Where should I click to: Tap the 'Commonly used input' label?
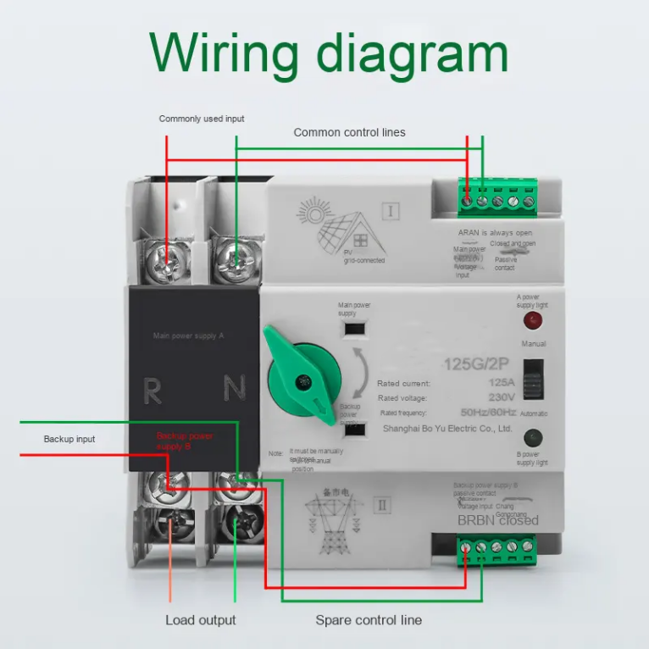(x=202, y=119)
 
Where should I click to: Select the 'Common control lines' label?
(x=349, y=132)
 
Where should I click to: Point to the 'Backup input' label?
(x=69, y=439)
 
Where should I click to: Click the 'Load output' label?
(x=201, y=620)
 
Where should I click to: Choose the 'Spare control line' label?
(x=369, y=620)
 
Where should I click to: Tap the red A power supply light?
(x=532, y=320)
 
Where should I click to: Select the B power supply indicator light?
(x=532, y=438)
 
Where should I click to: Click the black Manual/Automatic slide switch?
(x=533, y=378)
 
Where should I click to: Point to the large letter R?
(x=153, y=391)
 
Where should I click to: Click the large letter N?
(x=235, y=388)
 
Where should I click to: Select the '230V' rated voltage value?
(x=500, y=397)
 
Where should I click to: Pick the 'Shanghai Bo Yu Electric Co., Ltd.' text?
(x=447, y=429)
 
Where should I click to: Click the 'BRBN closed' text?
(x=497, y=520)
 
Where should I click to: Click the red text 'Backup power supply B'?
(x=185, y=441)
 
